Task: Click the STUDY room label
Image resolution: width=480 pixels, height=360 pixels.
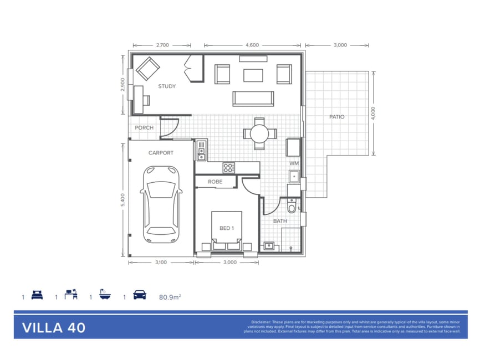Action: pyautogui.click(x=167, y=86)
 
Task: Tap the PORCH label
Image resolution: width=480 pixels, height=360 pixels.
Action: pyautogui.click(x=144, y=127)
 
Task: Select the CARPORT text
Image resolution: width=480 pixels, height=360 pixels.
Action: pyautogui.click(x=161, y=153)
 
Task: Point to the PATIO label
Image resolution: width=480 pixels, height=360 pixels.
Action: pyautogui.click(x=337, y=116)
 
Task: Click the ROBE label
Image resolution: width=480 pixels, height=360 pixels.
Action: pyautogui.click(x=215, y=182)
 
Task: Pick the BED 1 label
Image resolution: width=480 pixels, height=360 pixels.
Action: pyautogui.click(x=227, y=228)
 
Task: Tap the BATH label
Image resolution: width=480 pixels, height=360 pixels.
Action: pyautogui.click(x=280, y=221)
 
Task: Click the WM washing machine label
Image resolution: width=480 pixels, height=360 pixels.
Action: pyautogui.click(x=294, y=163)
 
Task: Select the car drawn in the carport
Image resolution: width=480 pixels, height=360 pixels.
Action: pyautogui.click(x=161, y=204)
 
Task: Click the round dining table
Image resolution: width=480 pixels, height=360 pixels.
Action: pyautogui.click(x=259, y=133)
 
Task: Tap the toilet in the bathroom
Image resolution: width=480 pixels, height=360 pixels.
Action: pyautogui.click(x=292, y=206)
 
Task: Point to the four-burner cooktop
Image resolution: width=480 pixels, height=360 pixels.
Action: pyautogui.click(x=229, y=168)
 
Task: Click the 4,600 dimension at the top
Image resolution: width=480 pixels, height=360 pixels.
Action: pyautogui.click(x=252, y=45)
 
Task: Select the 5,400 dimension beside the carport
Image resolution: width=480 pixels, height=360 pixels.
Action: pyautogui.click(x=122, y=200)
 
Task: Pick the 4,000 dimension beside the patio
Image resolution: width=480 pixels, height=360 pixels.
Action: pyautogui.click(x=373, y=113)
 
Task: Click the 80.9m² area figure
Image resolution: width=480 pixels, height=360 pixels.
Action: pyautogui.click(x=170, y=297)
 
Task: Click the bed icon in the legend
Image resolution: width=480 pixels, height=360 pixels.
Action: pyautogui.click(x=37, y=295)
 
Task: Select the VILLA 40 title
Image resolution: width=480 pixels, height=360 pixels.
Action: pyautogui.click(x=54, y=328)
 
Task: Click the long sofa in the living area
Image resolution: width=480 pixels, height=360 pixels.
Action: pyautogui.click(x=253, y=99)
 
